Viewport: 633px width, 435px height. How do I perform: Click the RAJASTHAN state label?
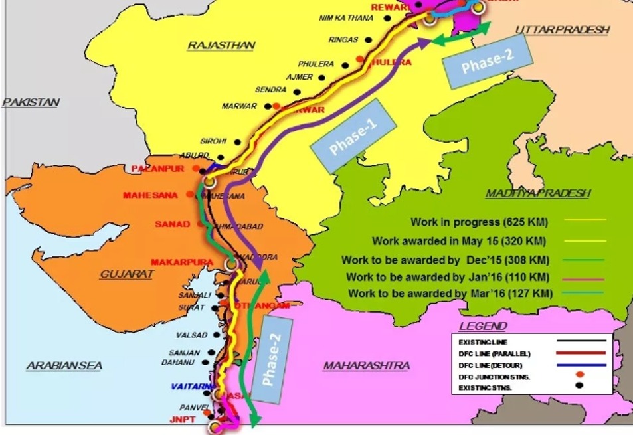pyautogui.click(x=221, y=46)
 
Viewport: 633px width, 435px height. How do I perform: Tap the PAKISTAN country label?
pyautogui.click(x=31, y=102)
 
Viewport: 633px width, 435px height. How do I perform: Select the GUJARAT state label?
pyautogui.click(x=127, y=274)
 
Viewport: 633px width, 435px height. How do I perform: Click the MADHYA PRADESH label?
pyautogui.click(x=537, y=193)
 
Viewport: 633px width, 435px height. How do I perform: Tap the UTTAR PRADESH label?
pyautogui.click(x=562, y=30)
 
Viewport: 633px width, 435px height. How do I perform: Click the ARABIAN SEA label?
pyautogui.click(x=64, y=366)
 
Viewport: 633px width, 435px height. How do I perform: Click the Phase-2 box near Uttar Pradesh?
pyautogui.click(x=489, y=62)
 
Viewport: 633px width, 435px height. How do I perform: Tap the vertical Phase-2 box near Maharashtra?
pyautogui.click(x=273, y=360)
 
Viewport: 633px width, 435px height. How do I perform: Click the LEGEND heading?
pyautogui.click(x=482, y=326)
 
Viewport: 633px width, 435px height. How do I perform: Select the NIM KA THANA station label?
pyautogui.click(x=346, y=18)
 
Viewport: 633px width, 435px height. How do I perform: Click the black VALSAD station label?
pyautogui.click(x=193, y=335)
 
